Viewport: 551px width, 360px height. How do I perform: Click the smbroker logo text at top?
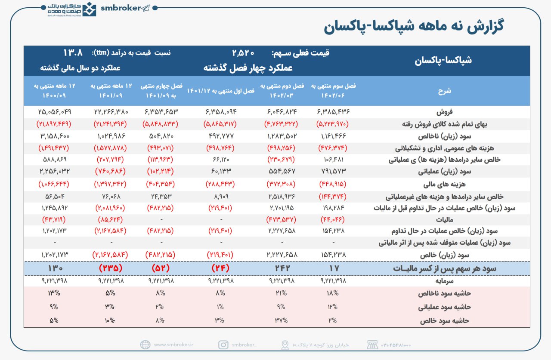point(121,8)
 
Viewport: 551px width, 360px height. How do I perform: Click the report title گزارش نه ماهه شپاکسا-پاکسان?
point(414,26)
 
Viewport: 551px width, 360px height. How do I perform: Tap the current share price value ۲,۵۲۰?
point(243,53)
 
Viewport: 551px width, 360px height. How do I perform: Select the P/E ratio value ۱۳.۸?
point(73,53)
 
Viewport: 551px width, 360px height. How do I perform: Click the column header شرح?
point(444,91)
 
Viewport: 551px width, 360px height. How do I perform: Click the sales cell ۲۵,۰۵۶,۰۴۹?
point(54,112)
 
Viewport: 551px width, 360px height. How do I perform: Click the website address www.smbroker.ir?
point(173,345)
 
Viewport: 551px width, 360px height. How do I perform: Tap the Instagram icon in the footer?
point(223,345)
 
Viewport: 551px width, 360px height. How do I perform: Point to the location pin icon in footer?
point(285,345)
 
